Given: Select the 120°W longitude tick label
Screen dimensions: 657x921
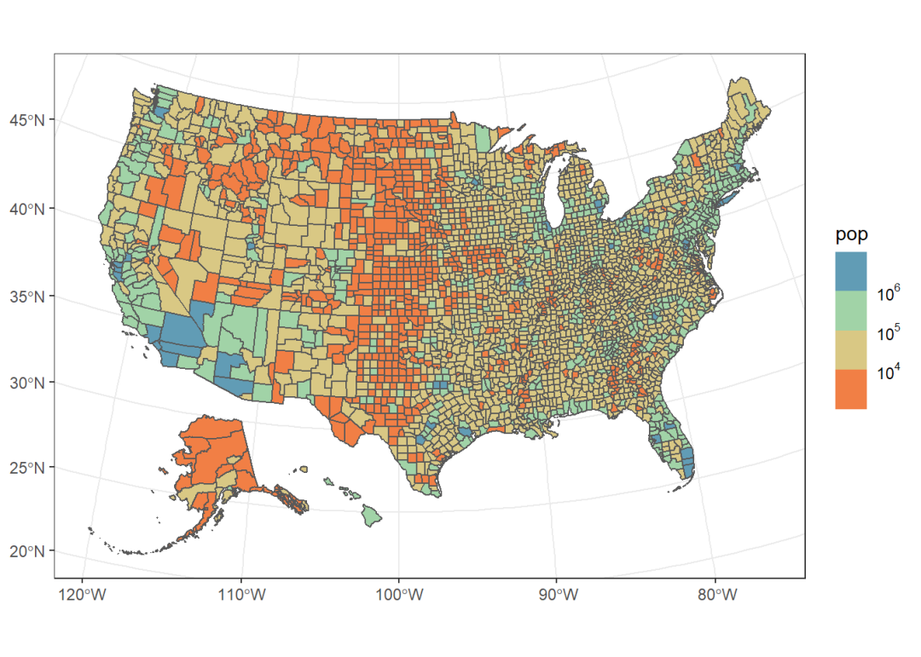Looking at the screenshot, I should [x=83, y=595].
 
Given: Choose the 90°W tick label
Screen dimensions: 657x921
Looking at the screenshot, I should [x=556, y=595].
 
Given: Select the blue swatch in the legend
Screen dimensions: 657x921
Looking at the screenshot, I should [x=851, y=271].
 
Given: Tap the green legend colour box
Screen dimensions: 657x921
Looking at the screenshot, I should [x=851, y=310].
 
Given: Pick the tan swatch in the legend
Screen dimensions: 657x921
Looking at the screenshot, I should [x=851, y=349].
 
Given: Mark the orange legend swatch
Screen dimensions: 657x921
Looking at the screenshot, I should [x=851, y=389].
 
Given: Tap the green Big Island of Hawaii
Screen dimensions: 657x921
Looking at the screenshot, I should [x=372, y=515].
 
